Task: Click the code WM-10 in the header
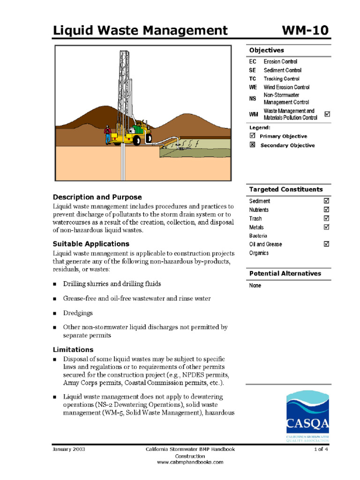coord(305,31)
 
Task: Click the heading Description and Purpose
coord(97,197)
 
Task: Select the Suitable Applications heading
coord(91,244)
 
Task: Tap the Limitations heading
coord(73,350)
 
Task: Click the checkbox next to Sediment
coord(327,201)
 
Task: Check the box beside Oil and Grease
coord(327,244)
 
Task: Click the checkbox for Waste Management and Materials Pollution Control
coord(327,114)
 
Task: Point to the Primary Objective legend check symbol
coord(253,136)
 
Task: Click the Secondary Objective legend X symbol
coord(253,145)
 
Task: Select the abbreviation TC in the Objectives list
coord(253,79)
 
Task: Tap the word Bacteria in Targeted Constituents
coord(258,236)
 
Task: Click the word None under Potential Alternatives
coord(255,285)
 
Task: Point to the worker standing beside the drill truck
coord(108,134)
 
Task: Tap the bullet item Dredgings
coord(78,313)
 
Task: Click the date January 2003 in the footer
coord(69,449)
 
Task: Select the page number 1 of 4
coord(321,449)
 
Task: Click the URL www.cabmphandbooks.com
coord(190,462)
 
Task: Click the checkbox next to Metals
coord(327,227)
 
